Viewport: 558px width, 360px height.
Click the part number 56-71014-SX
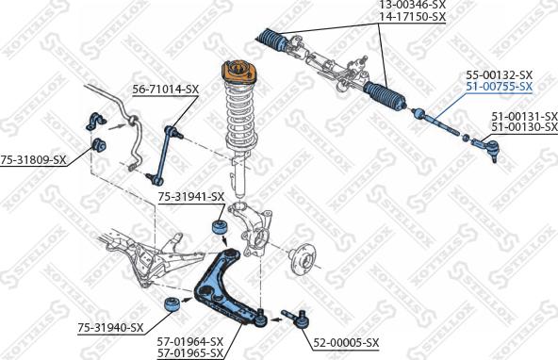pyautogui.click(x=166, y=90)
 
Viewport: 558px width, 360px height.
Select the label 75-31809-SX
pyautogui.click(x=33, y=160)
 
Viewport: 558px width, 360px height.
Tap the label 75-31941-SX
pyautogui.click(x=190, y=197)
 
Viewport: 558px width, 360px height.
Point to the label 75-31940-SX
pyautogui.click(x=110, y=327)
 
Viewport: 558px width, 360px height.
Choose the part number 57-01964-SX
pyautogui.click(x=189, y=341)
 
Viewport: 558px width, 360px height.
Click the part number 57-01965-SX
pyautogui.click(x=189, y=353)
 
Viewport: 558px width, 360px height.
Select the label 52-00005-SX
pyautogui.click(x=346, y=341)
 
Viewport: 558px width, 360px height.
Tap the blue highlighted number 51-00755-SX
pyautogui.click(x=499, y=86)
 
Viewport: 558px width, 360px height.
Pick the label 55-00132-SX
pyautogui.click(x=499, y=74)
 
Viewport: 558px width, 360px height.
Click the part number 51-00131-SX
pyautogui.click(x=523, y=116)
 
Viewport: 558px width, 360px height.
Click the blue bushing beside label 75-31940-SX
pyautogui.click(x=172, y=306)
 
